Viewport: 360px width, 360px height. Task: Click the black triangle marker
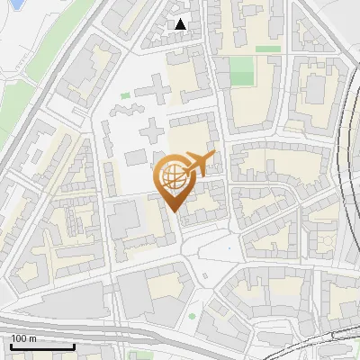click(181, 24)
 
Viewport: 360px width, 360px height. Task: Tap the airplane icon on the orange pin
click(200, 165)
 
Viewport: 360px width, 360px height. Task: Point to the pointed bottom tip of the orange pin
click(175, 211)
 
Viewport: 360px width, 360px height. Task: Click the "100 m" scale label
click(23, 338)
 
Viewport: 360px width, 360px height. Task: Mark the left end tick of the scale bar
click(10, 346)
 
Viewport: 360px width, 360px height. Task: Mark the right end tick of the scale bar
click(74, 346)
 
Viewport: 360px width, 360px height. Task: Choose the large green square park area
click(241, 72)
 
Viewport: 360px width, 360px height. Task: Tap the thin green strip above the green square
click(267, 49)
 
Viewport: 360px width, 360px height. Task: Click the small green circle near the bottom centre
click(192, 316)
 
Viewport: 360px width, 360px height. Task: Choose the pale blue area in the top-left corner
click(13, 18)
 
